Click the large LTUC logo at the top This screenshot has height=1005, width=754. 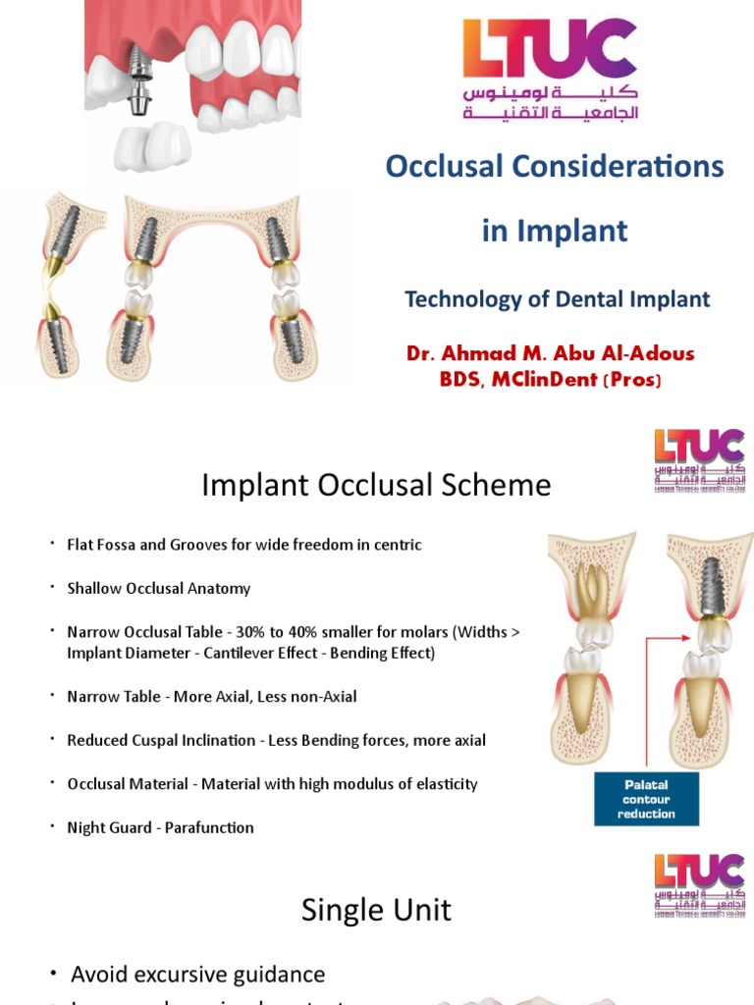pos(550,69)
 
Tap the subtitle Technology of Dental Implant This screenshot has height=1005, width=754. pos(557,299)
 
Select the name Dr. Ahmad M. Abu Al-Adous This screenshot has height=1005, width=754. pos(550,353)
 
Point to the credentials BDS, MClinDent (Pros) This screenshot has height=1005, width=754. pos(550,379)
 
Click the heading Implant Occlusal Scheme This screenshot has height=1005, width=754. pos(376,485)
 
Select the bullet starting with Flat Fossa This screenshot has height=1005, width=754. pos(243,545)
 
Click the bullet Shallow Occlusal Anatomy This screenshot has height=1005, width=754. pos(158,589)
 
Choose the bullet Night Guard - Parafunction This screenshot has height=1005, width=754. pos(160,827)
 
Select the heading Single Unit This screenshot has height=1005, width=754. pos(376,910)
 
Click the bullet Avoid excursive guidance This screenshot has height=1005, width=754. pos(197,975)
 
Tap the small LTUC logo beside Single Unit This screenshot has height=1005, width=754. pos(699,886)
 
